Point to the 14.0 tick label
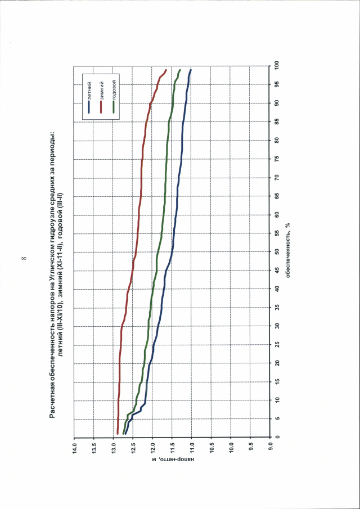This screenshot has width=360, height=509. (74, 448)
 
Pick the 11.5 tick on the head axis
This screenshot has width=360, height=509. (172, 448)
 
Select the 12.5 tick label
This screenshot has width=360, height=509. (133, 448)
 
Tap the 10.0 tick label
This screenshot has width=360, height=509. (231, 448)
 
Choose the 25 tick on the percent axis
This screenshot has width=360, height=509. (277, 344)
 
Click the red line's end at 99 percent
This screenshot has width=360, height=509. (166, 70)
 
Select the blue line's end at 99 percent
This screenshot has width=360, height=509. (191, 70)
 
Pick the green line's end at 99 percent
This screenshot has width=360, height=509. (179, 70)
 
